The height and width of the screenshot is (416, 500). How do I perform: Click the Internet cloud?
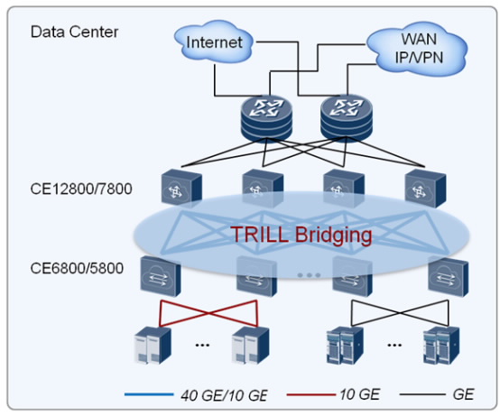click(214, 42)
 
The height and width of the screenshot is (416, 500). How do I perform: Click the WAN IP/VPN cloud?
click(418, 49)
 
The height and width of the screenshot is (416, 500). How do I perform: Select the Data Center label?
click(74, 32)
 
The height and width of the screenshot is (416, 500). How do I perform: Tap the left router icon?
click(266, 118)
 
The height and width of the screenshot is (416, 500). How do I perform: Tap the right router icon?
click(346, 118)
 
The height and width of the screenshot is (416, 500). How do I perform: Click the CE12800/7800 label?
click(81, 189)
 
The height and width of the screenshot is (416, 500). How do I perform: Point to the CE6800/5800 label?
click(77, 268)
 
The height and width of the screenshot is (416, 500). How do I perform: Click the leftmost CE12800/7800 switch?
click(181, 188)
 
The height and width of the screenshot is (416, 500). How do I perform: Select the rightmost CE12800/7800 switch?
click(425, 188)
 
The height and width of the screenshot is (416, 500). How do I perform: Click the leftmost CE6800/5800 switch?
click(161, 276)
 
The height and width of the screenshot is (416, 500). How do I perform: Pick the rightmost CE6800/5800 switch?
click(449, 276)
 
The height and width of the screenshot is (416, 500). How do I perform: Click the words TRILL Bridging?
click(301, 235)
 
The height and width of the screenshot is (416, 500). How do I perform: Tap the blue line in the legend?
click(149, 394)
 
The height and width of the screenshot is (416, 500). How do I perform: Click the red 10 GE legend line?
click(311, 394)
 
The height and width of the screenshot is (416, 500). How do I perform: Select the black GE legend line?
click(422, 394)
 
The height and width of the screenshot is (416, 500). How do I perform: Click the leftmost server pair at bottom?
click(153, 346)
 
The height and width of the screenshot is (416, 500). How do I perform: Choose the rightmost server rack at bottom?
click(441, 346)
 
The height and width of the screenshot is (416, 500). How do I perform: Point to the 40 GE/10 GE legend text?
click(224, 395)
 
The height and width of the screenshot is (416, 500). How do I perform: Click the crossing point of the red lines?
click(208, 313)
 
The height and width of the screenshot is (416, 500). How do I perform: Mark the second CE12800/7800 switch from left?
click(263, 188)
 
